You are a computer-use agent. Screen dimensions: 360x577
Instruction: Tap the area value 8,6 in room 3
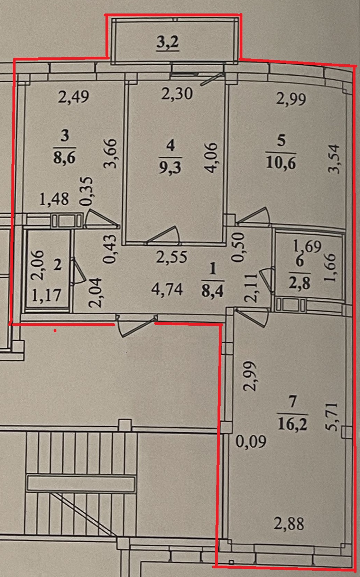(64, 159)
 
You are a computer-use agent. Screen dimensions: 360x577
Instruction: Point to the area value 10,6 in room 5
(281, 162)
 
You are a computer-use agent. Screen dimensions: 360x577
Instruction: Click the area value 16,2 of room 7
(293, 424)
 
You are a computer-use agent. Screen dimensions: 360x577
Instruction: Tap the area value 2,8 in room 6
(299, 283)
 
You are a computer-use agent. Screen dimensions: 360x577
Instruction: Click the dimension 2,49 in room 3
(74, 97)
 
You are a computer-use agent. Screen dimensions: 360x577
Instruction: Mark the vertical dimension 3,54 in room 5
(335, 159)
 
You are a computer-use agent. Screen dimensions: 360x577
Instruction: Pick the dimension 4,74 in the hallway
(167, 289)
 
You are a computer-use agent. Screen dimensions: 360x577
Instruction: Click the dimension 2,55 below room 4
(171, 257)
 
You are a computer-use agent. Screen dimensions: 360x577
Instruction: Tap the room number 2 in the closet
(57, 266)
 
